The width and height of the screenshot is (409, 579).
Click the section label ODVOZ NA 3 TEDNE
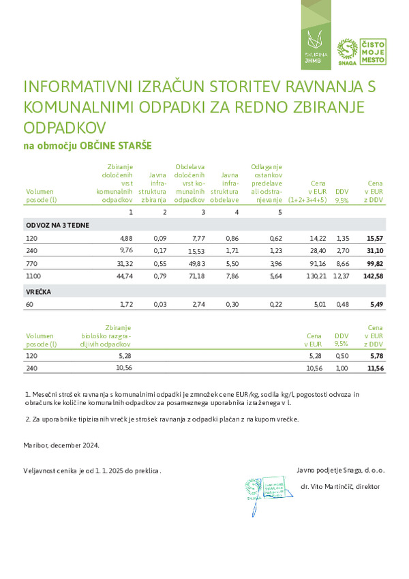(x=57, y=224)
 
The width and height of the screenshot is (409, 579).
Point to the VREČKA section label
(x=40, y=291)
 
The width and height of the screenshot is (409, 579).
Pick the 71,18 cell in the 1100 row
(x=196, y=277)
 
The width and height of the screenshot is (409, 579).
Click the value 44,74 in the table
(x=123, y=277)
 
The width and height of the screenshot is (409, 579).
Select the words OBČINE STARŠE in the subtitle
(x=115, y=146)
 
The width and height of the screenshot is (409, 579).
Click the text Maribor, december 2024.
(x=61, y=445)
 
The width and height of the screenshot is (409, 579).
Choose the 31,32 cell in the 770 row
(x=123, y=264)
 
